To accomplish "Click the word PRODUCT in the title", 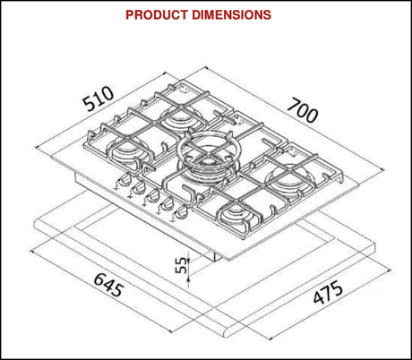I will tap(157, 15).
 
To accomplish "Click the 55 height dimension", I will tap(181, 265).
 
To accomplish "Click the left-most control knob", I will tap(117, 184).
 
